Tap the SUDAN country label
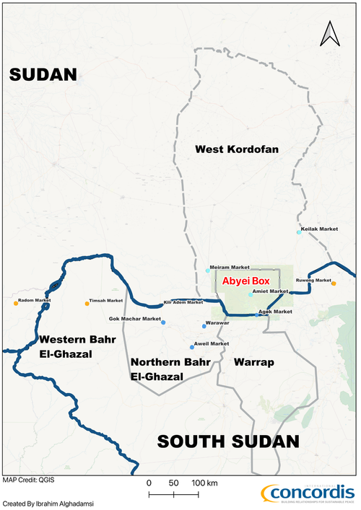(43, 75)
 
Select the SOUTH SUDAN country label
(227, 441)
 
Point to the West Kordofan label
(237, 149)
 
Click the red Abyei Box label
(245, 282)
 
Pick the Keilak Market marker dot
(298, 232)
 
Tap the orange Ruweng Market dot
(334, 283)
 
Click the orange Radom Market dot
(16, 304)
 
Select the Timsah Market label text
(106, 300)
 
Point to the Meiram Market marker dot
(208, 271)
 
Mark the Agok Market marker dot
(257, 315)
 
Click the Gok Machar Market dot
(163, 322)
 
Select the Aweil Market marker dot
(192, 347)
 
